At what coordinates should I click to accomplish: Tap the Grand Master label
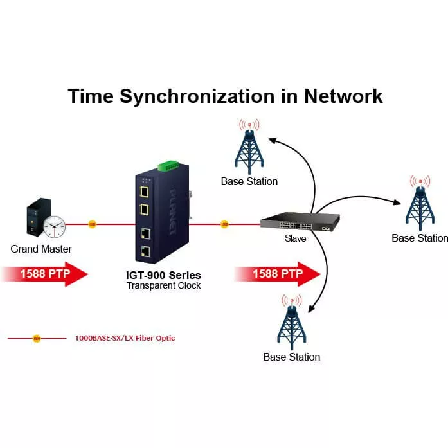(41, 249)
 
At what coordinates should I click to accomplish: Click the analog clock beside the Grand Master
(55, 226)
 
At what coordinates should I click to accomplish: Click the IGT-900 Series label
(163, 275)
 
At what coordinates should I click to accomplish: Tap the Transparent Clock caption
(163, 285)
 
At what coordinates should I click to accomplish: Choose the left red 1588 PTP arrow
(44, 274)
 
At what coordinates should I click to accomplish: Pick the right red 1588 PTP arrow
(277, 274)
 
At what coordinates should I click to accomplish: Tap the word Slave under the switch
(296, 238)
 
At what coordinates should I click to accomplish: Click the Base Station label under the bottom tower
(291, 357)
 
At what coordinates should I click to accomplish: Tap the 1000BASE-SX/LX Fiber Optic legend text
(125, 338)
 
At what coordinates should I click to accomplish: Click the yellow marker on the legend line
(36, 338)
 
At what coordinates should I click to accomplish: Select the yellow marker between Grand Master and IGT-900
(92, 224)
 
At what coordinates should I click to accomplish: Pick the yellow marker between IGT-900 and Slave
(224, 224)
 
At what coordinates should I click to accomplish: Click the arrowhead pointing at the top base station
(272, 139)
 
